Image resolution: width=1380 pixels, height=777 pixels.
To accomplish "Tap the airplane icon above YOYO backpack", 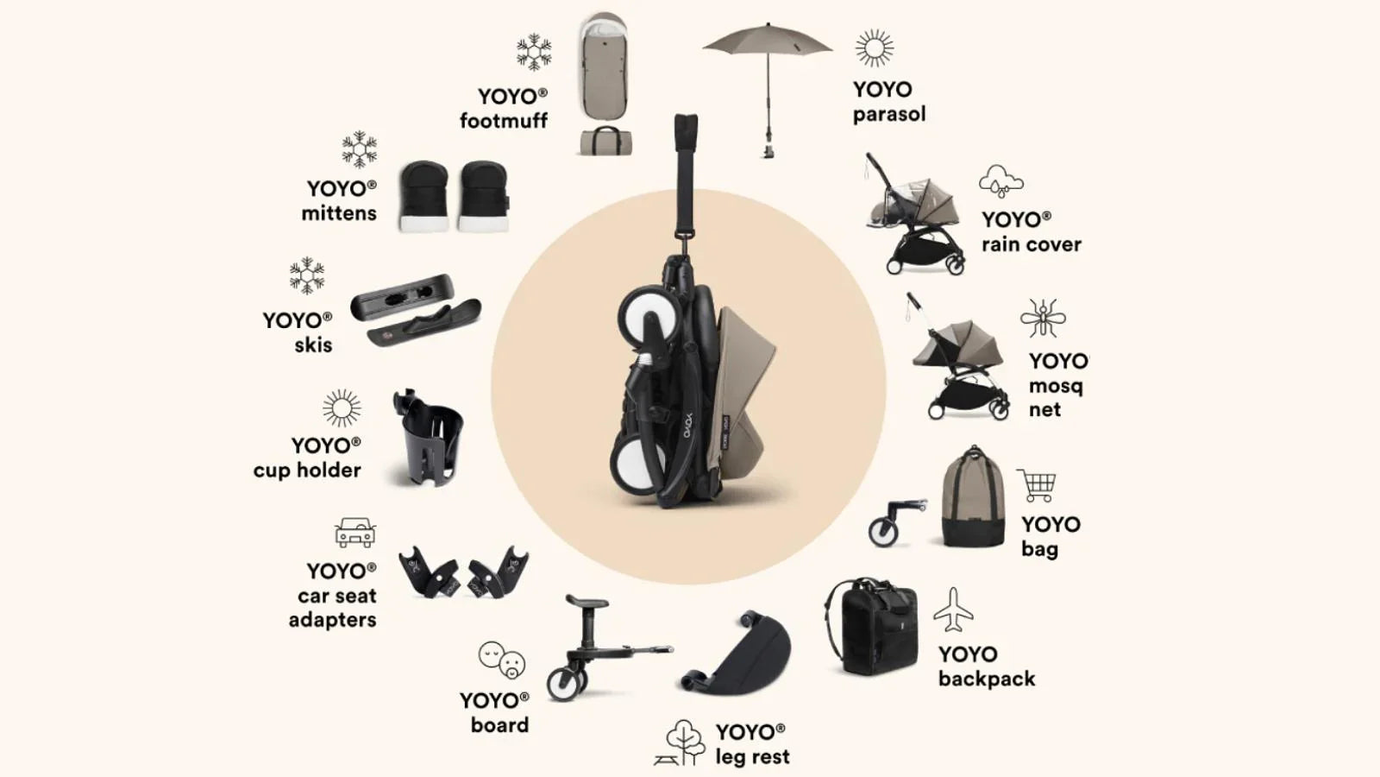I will click(953, 610).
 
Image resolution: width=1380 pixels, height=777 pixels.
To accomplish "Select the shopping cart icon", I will click(1037, 486).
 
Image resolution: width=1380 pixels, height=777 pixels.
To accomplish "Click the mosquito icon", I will click(1043, 319).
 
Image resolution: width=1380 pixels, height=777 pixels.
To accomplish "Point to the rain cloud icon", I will click(1000, 181).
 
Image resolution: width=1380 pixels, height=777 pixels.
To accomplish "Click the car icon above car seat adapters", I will click(355, 533).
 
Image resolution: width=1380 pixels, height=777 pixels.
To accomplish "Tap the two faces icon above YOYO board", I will click(502, 660).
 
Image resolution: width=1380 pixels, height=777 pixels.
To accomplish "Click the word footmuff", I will click(504, 121).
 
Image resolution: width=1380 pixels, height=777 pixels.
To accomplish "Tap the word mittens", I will click(339, 213).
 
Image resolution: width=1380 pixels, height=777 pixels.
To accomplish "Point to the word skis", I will click(313, 345).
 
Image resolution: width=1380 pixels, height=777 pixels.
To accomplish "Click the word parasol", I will click(889, 114).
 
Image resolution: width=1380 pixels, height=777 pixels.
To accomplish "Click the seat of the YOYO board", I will click(588, 601).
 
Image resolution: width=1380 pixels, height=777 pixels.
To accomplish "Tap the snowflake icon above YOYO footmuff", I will click(534, 52).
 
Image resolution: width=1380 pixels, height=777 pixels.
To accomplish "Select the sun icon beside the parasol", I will click(874, 47).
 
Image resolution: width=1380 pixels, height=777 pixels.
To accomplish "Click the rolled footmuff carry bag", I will click(605, 141).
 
